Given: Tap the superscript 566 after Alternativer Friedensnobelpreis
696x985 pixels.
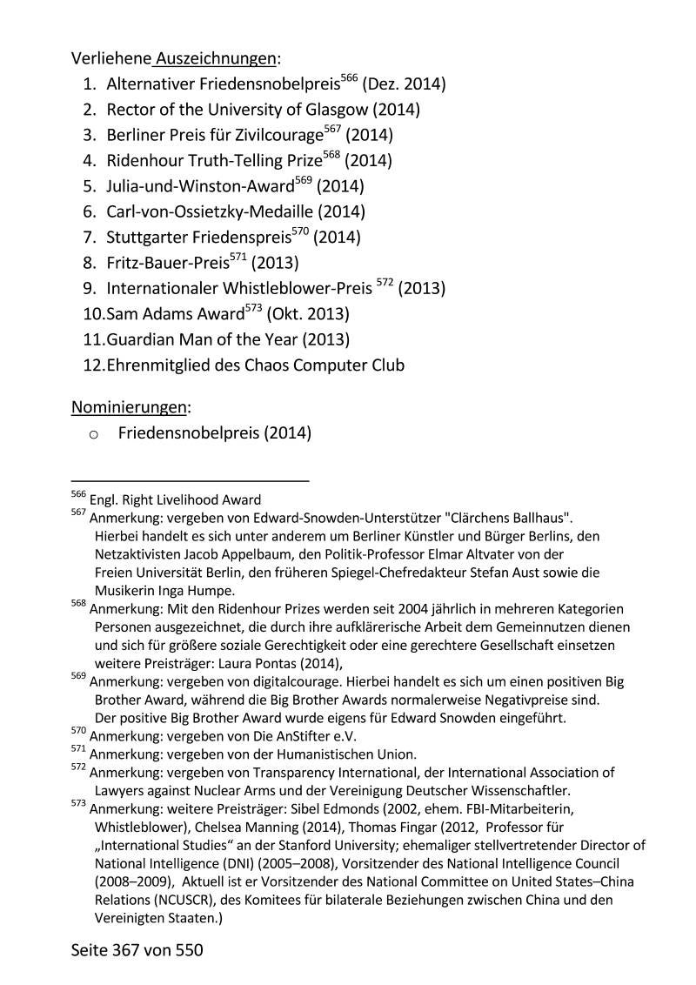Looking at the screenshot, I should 349,78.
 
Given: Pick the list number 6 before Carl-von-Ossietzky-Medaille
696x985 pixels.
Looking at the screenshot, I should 90,211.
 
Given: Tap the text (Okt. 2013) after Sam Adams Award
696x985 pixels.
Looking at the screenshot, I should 308,313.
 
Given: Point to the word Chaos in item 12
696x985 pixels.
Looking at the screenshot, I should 277,365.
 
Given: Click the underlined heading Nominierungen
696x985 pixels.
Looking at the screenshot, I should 129,407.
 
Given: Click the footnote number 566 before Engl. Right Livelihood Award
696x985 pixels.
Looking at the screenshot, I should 78,495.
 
